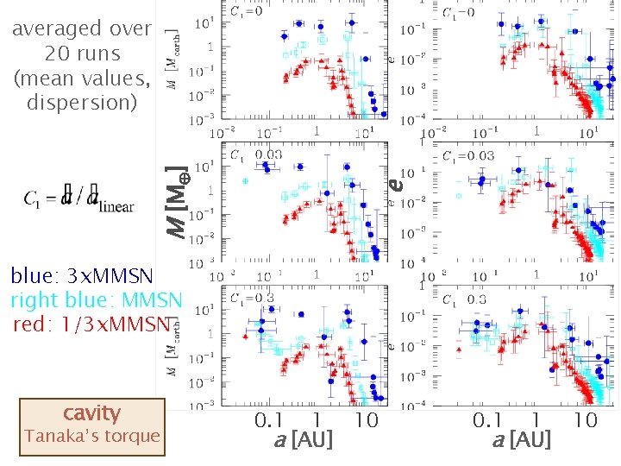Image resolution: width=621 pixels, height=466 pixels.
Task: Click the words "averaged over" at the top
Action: (x=82, y=28)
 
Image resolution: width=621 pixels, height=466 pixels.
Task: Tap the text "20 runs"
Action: (x=82, y=54)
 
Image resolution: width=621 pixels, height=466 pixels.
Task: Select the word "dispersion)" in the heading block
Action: (x=82, y=103)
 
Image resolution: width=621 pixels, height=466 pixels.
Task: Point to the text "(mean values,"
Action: (x=82, y=79)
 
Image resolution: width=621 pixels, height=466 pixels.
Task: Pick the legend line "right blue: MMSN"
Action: (x=96, y=300)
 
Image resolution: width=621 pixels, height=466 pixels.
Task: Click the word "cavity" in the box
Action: (x=91, y=412)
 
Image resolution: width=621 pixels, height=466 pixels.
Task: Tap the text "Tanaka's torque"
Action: (x=91, y=436)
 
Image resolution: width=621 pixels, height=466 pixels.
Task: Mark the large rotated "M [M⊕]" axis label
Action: (x=176, y=202)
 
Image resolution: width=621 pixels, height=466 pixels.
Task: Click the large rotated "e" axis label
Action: (x=395, y=183)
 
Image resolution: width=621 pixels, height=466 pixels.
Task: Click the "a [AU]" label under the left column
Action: (x=303, y=441)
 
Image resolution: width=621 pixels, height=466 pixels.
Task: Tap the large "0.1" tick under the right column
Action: (x=489, y=421)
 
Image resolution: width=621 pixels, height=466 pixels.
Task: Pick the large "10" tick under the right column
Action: (x=585, y=421)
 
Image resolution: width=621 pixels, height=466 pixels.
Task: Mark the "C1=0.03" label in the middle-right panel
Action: (x=468, y=156)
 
